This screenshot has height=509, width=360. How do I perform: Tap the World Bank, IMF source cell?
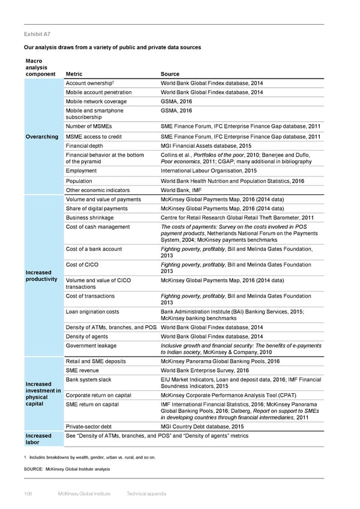tap(184, 190)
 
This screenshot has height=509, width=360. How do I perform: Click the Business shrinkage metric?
tap(89, 217)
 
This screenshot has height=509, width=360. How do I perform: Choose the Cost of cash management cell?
tap(97, 226)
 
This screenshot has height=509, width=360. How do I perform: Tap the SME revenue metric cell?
tap(84, 370)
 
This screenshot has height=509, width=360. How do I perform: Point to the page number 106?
tap(29, 493)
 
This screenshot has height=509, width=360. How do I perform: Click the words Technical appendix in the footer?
tap(148, 493)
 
